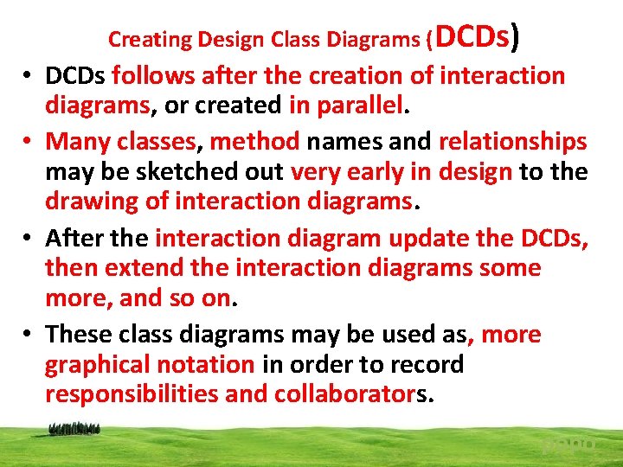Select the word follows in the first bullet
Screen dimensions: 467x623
click(151, 76)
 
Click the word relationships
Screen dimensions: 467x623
click(512, 141)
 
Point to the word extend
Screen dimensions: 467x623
click(145, 268)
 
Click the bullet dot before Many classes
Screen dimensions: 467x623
click(29, 142)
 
